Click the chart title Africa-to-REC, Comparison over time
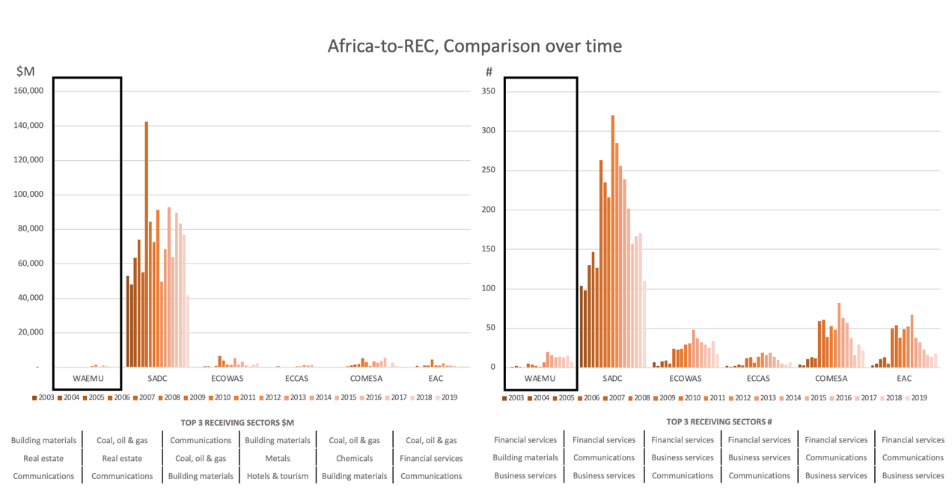[475, 46]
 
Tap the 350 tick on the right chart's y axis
[489, 91]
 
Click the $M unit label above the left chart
[25, 71]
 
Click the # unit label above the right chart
[489, 72]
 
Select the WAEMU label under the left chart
[87, 379]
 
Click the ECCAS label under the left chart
[297, 379]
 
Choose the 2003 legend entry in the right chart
[513, 397]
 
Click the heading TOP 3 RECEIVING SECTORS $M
[237, 421]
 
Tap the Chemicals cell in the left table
[355, 458]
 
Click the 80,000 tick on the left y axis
[31, 229]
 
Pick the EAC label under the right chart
[904, 379]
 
